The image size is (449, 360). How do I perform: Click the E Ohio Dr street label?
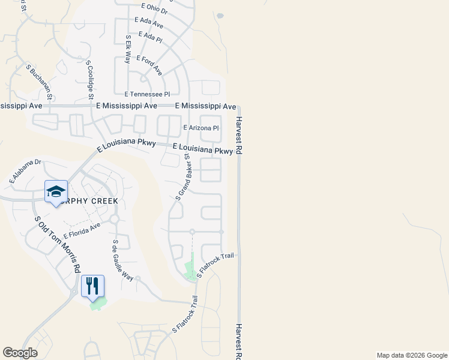pos(155,8)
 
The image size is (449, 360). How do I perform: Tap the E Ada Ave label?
pos(149,23)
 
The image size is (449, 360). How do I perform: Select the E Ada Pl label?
pos(150,37)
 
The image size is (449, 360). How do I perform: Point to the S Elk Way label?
pos(128,49)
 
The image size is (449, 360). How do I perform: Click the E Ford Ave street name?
pos(149,65)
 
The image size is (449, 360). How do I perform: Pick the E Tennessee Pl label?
pos(147,94)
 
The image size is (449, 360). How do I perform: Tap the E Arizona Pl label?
pos(201,128)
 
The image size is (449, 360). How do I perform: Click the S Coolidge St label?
pos(89,80)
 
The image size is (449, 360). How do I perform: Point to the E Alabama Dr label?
pos(25,171)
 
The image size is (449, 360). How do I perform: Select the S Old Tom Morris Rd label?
pos(58,244)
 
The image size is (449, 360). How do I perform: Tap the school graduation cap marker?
pos(56,191)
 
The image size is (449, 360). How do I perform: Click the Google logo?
pos(20,353)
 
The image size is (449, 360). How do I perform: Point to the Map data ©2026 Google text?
pos(411,355)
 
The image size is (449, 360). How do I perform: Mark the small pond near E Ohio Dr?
pos(220,16)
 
